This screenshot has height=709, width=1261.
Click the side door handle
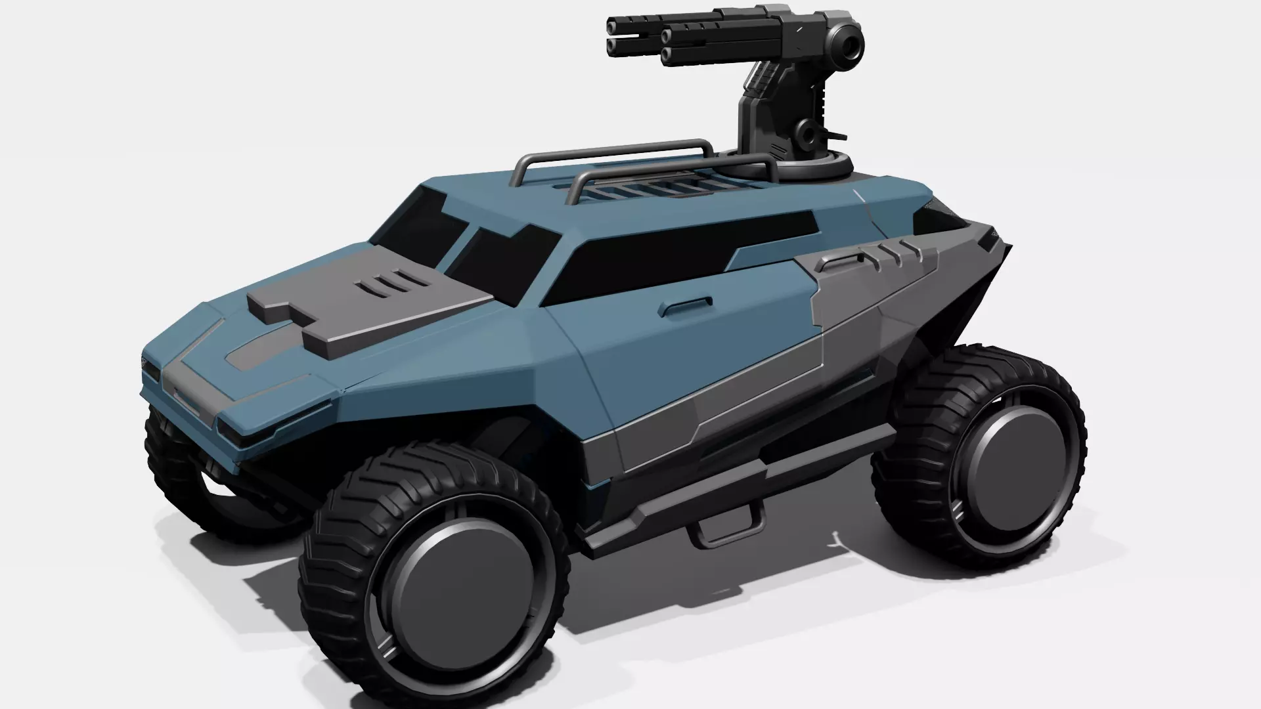click(x=686, y=306)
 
